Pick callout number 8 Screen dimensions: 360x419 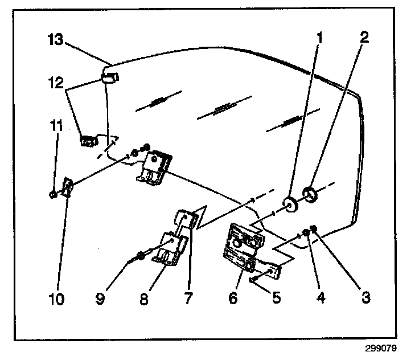(144, 298)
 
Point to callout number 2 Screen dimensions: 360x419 (365, 38)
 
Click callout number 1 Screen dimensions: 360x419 (320, 38)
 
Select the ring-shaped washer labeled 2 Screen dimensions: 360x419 (311, 195)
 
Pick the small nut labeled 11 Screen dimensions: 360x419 (53, 194)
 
